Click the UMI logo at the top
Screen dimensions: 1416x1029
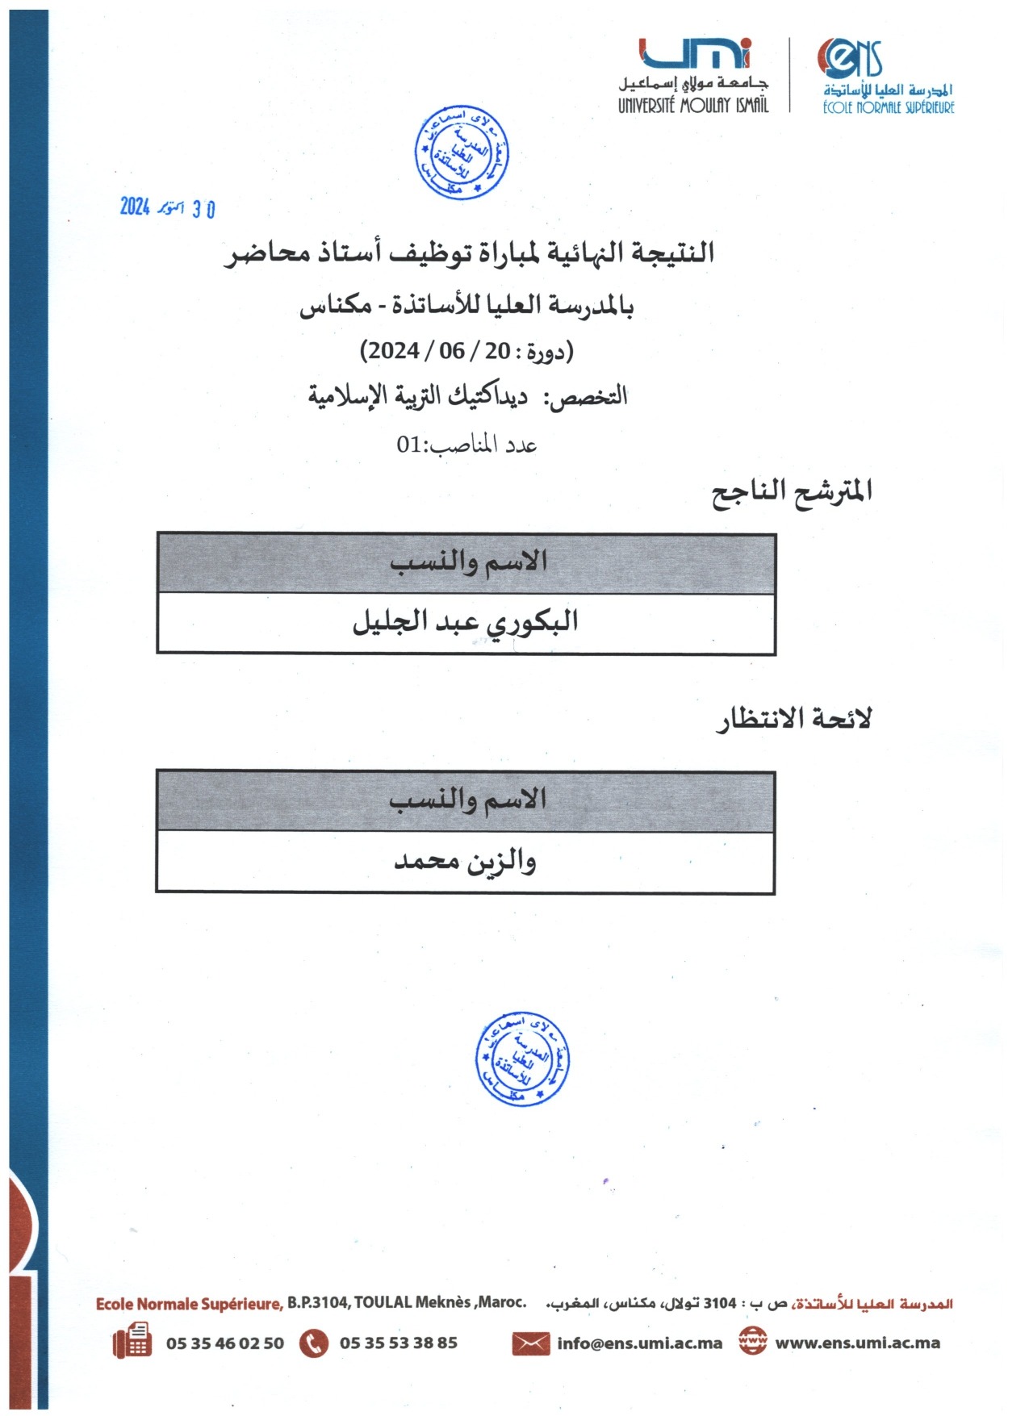coord(695,54)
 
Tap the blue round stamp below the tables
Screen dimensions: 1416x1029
coord(523,1060)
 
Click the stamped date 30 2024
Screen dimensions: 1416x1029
coord(168,208)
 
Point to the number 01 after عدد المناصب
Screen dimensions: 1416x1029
coord(410,445)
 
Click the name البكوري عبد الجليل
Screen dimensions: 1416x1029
coord(466,622)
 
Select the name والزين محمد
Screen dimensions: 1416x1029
coord(465,862)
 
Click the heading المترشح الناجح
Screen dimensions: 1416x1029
coord(791,491)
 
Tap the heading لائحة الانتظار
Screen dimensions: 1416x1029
coord(794,719)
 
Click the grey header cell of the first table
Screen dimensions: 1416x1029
coord(466,562)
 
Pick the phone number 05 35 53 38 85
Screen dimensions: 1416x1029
coord(399,1343)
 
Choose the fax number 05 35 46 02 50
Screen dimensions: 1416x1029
coord(225,1343)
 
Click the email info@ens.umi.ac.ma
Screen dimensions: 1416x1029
coord(639,1343)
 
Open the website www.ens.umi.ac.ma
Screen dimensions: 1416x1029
coord(857,1343)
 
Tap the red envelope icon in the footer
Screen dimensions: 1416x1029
coord(530,1343)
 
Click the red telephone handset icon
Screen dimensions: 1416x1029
coord(314,1343)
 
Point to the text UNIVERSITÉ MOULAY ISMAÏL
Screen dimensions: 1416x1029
coord(693,105)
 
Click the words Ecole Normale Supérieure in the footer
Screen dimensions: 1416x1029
coord(189,1304)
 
